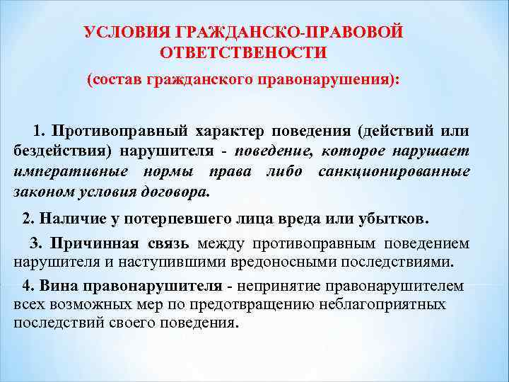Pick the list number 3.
[35, 244]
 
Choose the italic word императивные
[70, 171]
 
